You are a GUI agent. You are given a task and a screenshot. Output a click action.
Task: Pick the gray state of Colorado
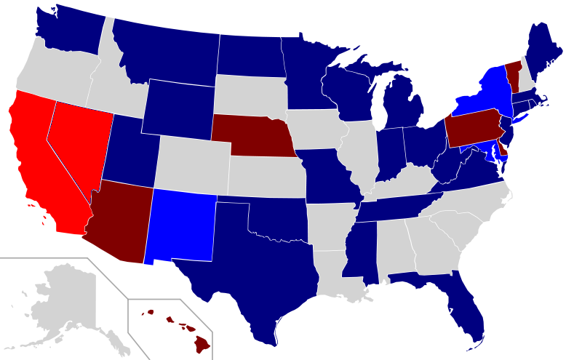[x=193, y=164]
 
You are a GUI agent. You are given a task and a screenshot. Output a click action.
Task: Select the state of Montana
[x=167, y=51]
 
